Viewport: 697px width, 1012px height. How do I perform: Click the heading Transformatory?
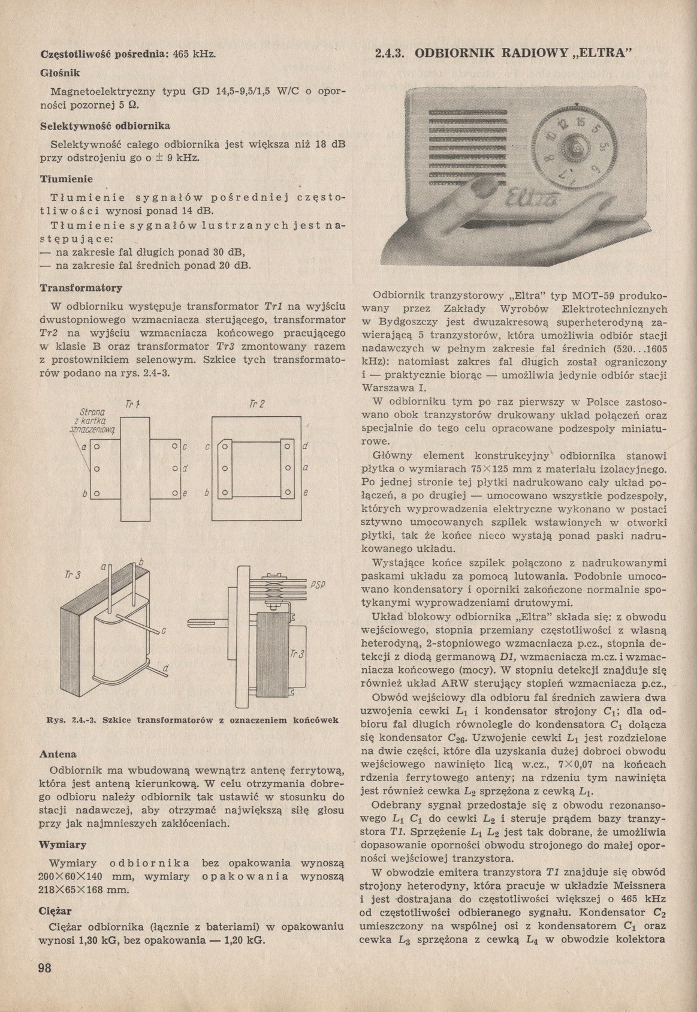click(x=82, y=288)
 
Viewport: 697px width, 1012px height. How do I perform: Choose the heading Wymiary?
click(x=63, y=845)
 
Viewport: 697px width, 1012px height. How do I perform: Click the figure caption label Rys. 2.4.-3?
click(x=73, y=720)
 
